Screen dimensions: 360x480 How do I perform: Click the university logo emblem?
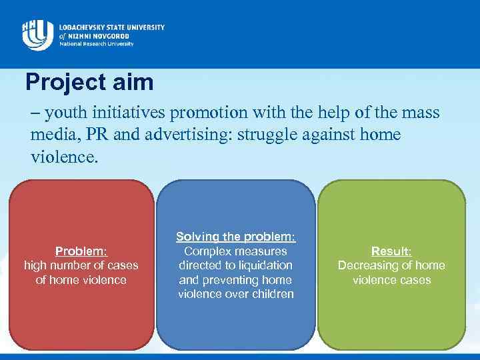click(37, 34)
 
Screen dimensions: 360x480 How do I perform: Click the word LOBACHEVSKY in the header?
click(84, 27)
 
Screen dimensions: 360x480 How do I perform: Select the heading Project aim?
click(89, 83)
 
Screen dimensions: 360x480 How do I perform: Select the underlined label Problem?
click(81, 251)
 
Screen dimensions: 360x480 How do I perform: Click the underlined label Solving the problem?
click(235, 237)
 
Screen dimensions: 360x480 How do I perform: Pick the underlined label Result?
click(391, 251)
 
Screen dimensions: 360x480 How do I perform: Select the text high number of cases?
click(81, 265)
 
